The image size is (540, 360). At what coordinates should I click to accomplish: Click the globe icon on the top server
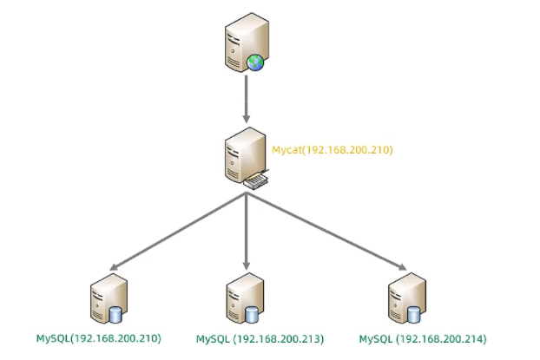click(x=254, y=62)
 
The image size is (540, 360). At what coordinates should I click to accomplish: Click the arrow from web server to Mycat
click(x=247, y=96)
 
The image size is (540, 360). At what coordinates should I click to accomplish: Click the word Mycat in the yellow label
click(x=286, y=150)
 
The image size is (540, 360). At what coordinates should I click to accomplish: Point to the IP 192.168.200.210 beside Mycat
click(x=348, y=150)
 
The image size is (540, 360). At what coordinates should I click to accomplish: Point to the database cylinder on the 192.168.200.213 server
click(x=253, y=314)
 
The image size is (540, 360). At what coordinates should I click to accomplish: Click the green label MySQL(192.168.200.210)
click(x=98, y=338)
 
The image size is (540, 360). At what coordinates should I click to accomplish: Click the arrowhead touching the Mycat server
click(x=247, y=118)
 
